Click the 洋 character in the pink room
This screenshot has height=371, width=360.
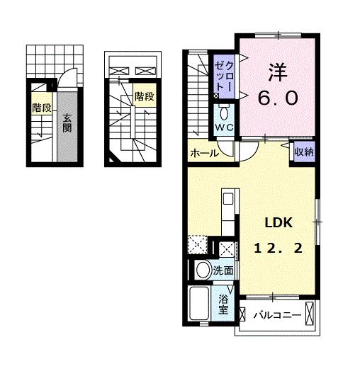click(x=278, y=72)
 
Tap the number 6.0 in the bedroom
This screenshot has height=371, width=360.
click(x=278, y=98)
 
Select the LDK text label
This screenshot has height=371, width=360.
click(x=279, y=222)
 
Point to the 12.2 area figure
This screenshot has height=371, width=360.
click(x=279, y=249)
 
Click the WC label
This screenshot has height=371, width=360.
click(x=224, y=127)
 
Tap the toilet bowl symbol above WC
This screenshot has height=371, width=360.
click(x=223, y=113)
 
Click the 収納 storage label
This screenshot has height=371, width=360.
click(x=304, y=152)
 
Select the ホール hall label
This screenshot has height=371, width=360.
click(x=205, y=154)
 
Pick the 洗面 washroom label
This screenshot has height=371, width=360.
click(x=223, y=270)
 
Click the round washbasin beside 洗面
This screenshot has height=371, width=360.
click(x=203, y=270)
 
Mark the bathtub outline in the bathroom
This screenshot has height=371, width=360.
click(x=199, y=303)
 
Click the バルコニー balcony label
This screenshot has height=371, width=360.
click(x=277, y=315)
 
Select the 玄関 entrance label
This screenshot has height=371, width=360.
click(x=67, y=122)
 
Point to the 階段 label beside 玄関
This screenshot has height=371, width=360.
click(x=42, y=108)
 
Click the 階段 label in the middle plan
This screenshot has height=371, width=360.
click(x=145, y=96)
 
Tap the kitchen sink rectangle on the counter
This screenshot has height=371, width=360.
click(x=228, y=199)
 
